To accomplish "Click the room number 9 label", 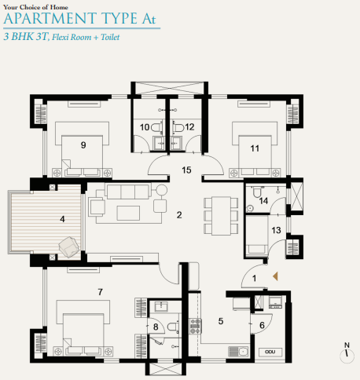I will pyautogui.click(x=82, y=144).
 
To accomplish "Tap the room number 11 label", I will pyautogui.click(x=254, y=147).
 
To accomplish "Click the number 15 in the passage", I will pyautogui.click(x=186, y=170).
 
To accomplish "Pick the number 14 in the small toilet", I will pyautogui.click(x=264, y=201).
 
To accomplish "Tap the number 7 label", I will pyautogui.click(x=100, y=292).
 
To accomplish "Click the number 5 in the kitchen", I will pyautogui.click(x=221, y=320).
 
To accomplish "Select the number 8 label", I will pyautogui.click(x=156, y=327).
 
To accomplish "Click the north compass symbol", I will pyautogui.click(x=344, y=354).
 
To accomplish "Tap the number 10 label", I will pyautogui.click(x=145, y=126).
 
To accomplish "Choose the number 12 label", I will pyautogui.click(x=189, y=126).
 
